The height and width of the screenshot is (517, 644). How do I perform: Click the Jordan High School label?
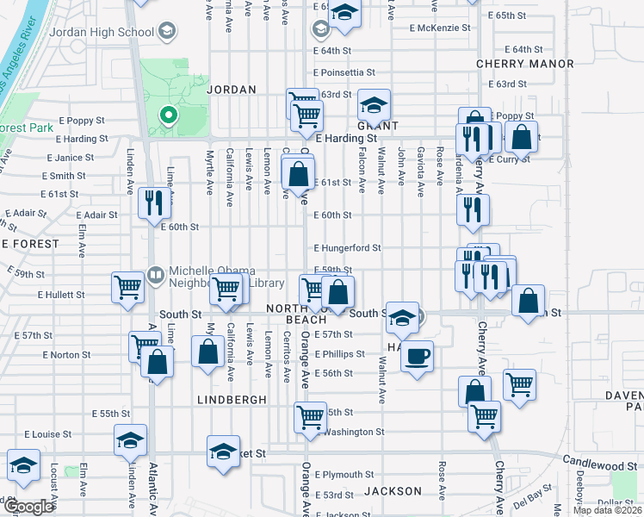click(102, 33)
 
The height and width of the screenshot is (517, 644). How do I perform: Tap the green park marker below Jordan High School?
click(168, 114)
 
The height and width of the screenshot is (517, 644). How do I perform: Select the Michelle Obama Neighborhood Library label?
click(214, 277)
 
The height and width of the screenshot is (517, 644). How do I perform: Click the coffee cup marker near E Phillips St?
click(418, 355)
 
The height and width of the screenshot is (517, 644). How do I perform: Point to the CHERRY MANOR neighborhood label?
click(525, 64)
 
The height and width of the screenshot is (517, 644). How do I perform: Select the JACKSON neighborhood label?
click(393, 491)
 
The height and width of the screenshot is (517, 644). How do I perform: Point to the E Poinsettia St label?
click(344, 73)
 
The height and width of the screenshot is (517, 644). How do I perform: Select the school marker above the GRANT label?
click(375, 104)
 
